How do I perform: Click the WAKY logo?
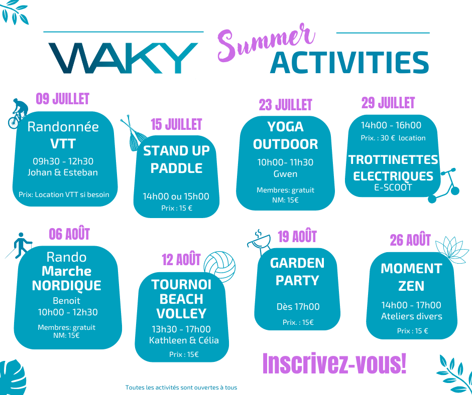tap(123, 58)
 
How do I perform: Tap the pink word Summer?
tap(266, 42)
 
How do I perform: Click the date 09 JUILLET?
tap(63, 99)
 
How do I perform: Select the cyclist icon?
tap(18, 114)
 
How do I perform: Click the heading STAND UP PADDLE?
tap(176, 159)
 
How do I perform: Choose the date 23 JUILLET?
tap(285, 105)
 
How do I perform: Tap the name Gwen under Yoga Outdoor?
tap(285, 174)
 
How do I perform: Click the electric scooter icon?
tap(444, 185)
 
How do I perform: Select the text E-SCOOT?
tap(393, 187)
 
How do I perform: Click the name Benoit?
tap(66, 301)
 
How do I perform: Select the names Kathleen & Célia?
tap(184, 340)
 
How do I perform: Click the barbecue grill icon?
tap(259, 242)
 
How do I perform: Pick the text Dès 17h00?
tap(298, 307)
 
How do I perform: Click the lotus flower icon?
tap(451, 250)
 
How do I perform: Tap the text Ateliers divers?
tap(412, 316)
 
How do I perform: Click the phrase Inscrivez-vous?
tap(334, 363)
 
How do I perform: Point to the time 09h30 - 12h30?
tap(63, 161)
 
